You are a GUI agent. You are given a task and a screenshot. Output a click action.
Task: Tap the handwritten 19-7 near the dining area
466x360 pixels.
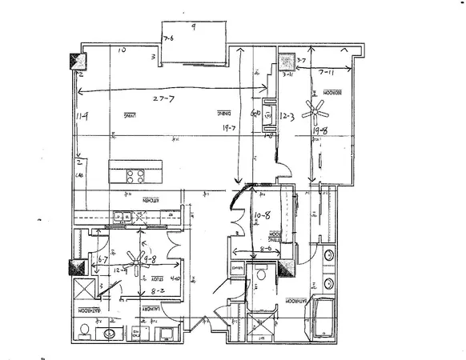coord(231,126)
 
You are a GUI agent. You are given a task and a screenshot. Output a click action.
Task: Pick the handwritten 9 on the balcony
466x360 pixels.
coord(195,26)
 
